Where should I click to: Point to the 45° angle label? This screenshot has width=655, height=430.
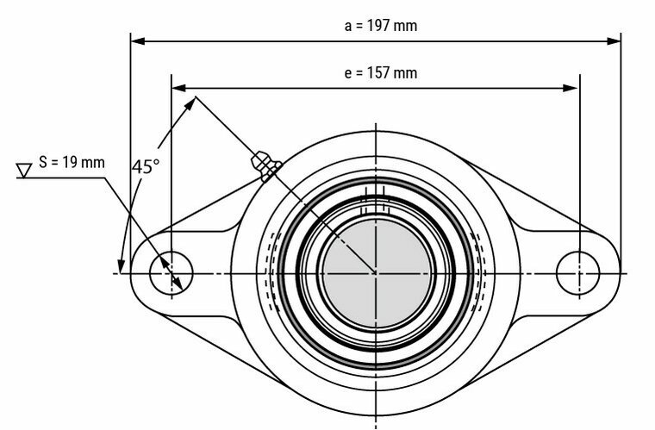click(145, 166)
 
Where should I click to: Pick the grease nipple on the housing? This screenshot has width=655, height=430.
click(261, 163)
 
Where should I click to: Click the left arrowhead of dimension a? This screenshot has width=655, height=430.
click(136, 40)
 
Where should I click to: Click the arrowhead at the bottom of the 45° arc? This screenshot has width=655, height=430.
click(122, 264)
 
